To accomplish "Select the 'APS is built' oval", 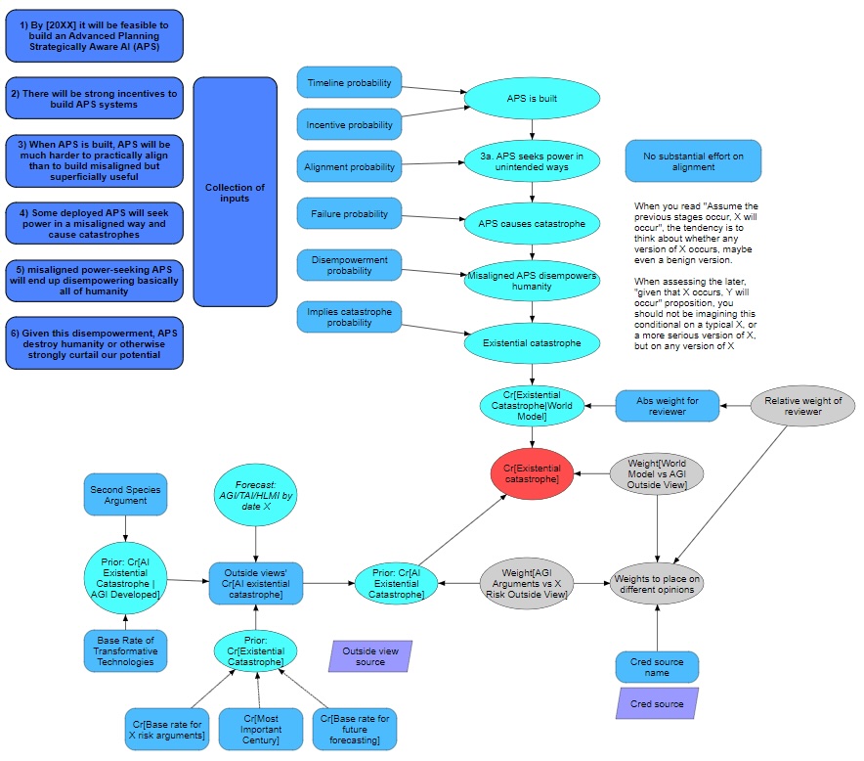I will click(532, 99).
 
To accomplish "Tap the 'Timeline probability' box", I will click(349, 83).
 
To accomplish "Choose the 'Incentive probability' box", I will click(349, 125).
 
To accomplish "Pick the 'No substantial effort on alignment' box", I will click(693, 160).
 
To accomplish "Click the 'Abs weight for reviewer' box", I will click(668, 405).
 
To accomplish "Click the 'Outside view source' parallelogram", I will click(370, 655).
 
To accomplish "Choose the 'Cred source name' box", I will click(657, 667).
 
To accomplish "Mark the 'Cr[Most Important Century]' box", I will click(256, 729).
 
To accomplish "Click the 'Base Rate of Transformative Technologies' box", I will click(125, 651).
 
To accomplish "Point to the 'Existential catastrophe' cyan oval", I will click(532, 343).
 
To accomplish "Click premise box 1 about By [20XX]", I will click(94, 36).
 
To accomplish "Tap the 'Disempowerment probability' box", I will click(349, 265).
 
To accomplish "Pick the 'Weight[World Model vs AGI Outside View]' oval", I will click(657, 474).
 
